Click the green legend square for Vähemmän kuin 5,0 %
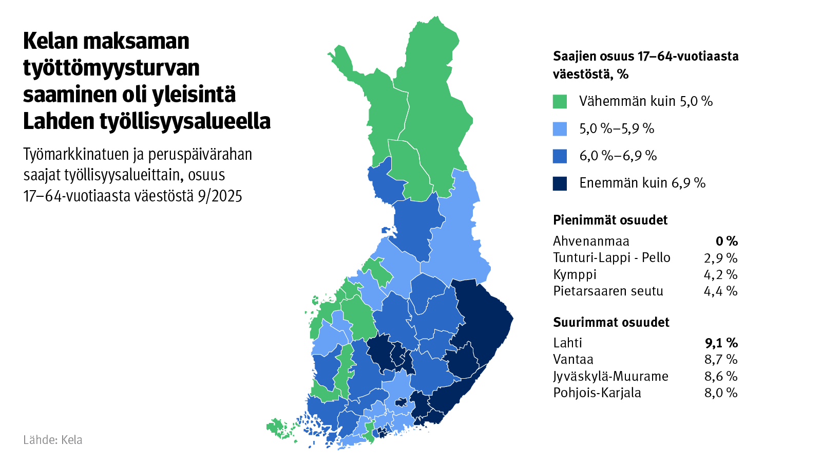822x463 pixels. [x=560, y=101]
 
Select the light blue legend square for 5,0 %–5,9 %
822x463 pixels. [x=560, y=128]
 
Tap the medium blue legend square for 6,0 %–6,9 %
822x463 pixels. [x=560, y=156]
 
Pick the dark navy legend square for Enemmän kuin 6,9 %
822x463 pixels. [x=560, y=183]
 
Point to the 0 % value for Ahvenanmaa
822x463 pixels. [x=727, y=241]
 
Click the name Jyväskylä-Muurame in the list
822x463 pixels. [x=610, y=376]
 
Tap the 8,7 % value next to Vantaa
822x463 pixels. [x=721, y=359]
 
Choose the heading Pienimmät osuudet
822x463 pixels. [x=610, y=220]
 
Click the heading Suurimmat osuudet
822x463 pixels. [x=611, y=322]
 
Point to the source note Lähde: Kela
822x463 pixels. [x=53, y=440]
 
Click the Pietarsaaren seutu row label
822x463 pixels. [x=608, y=291]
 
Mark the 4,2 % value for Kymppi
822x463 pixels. [x=721, y=274]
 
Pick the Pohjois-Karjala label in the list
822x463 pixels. [x=597, y=393]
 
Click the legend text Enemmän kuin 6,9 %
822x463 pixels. [x=642, y=183]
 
